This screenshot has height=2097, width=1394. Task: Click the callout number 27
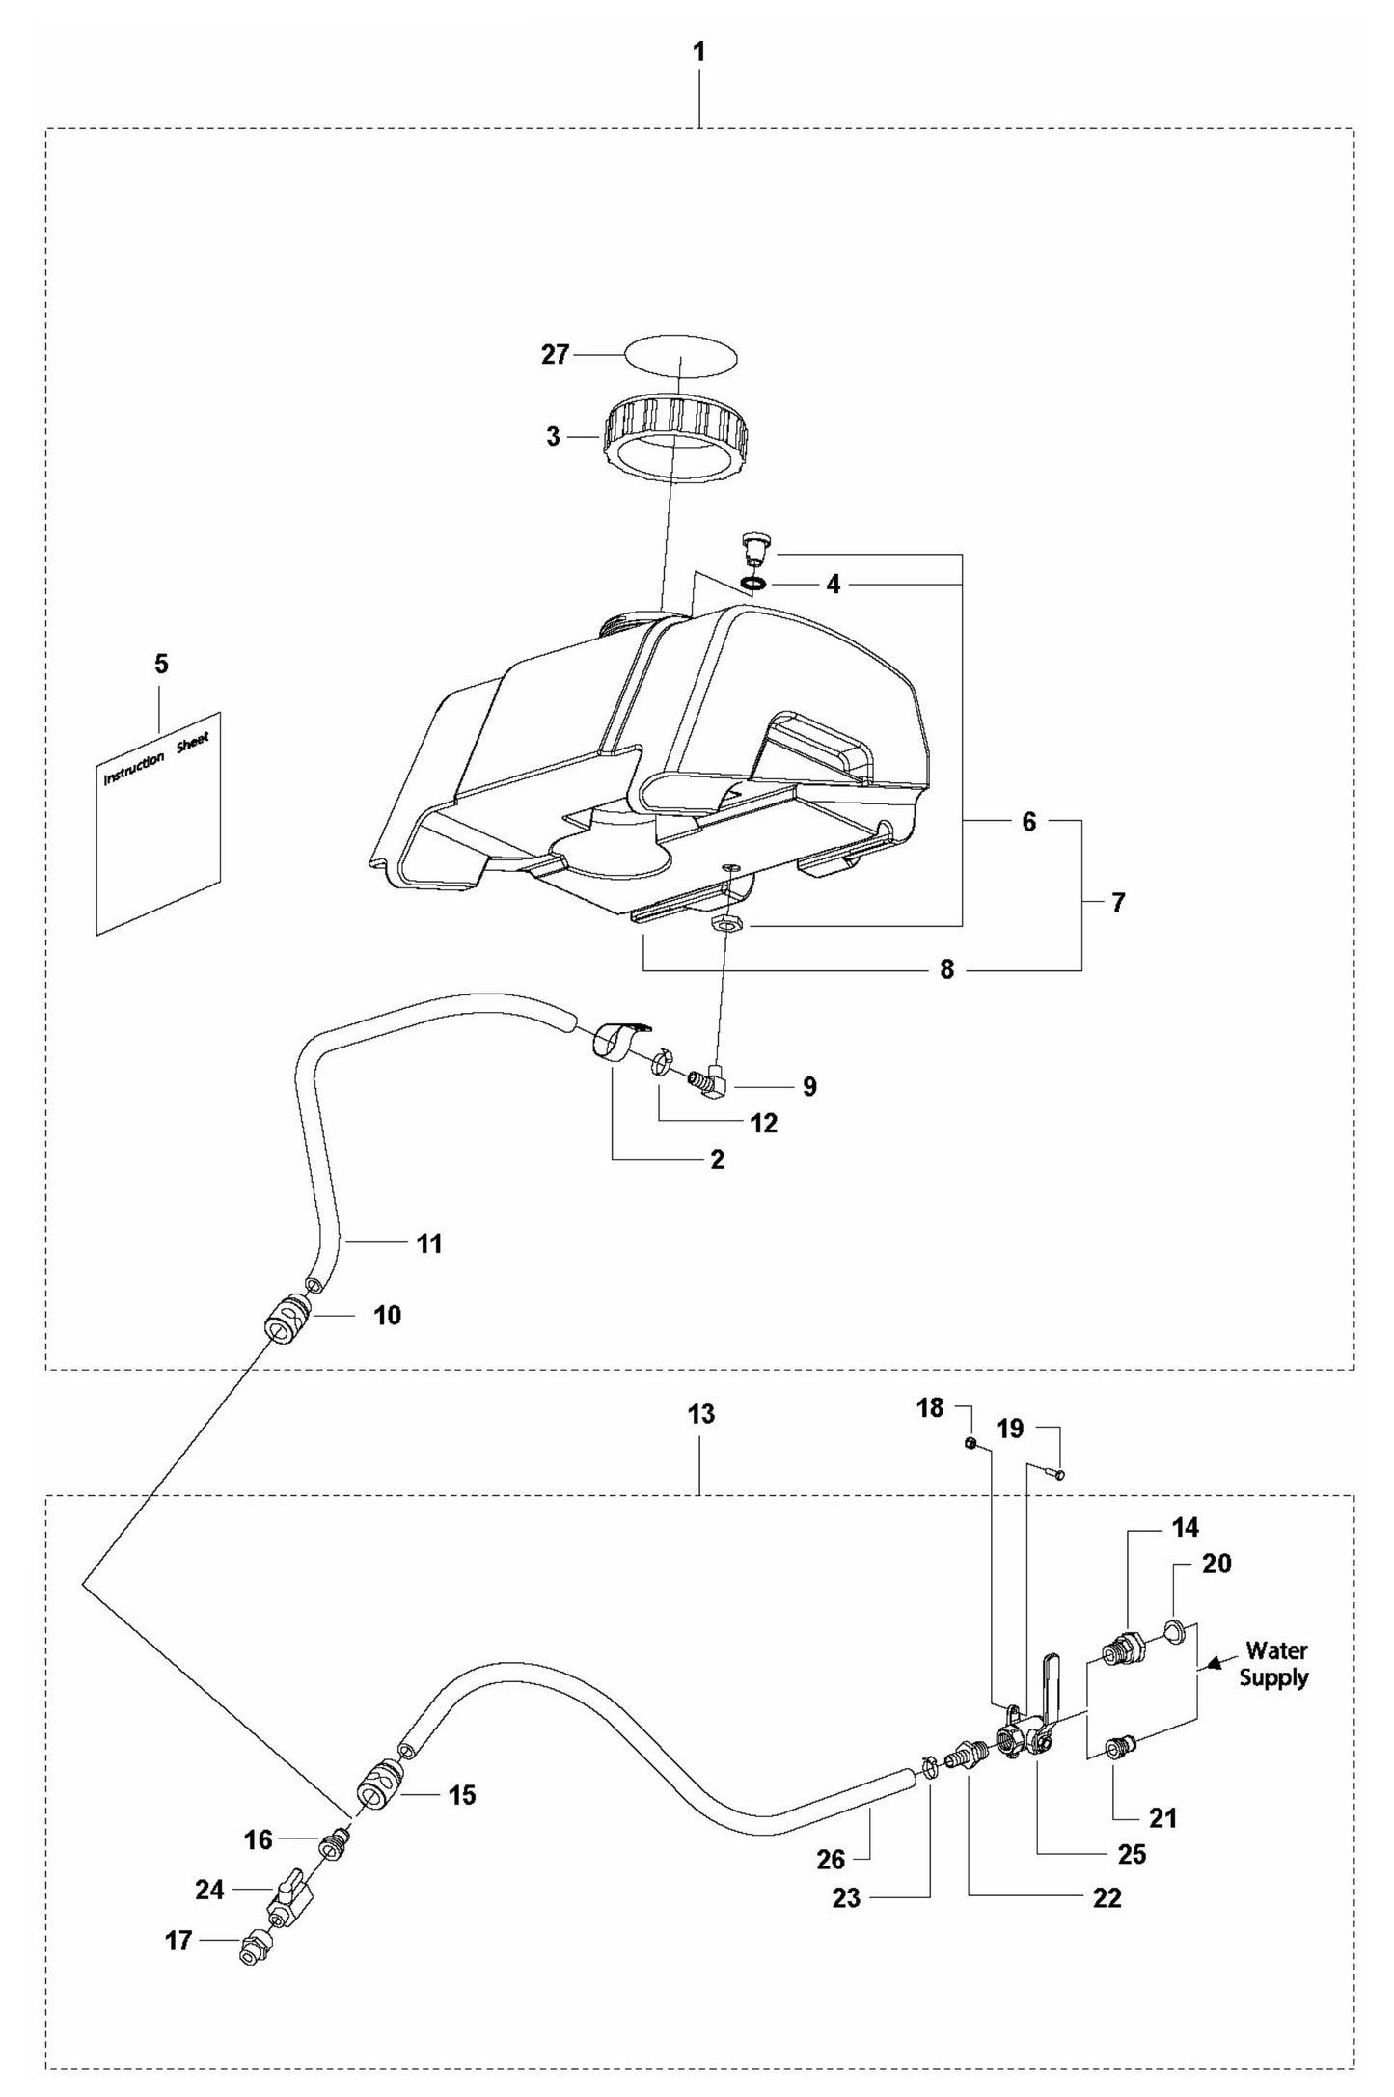click(555, 355)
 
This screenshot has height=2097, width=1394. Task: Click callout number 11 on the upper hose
click(429, 1244)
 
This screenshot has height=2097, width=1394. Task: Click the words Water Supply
click(1273, 1664)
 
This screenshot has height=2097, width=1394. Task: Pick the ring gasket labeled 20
click(1174, 1632)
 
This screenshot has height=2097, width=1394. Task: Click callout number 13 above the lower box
click(701, 1414)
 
